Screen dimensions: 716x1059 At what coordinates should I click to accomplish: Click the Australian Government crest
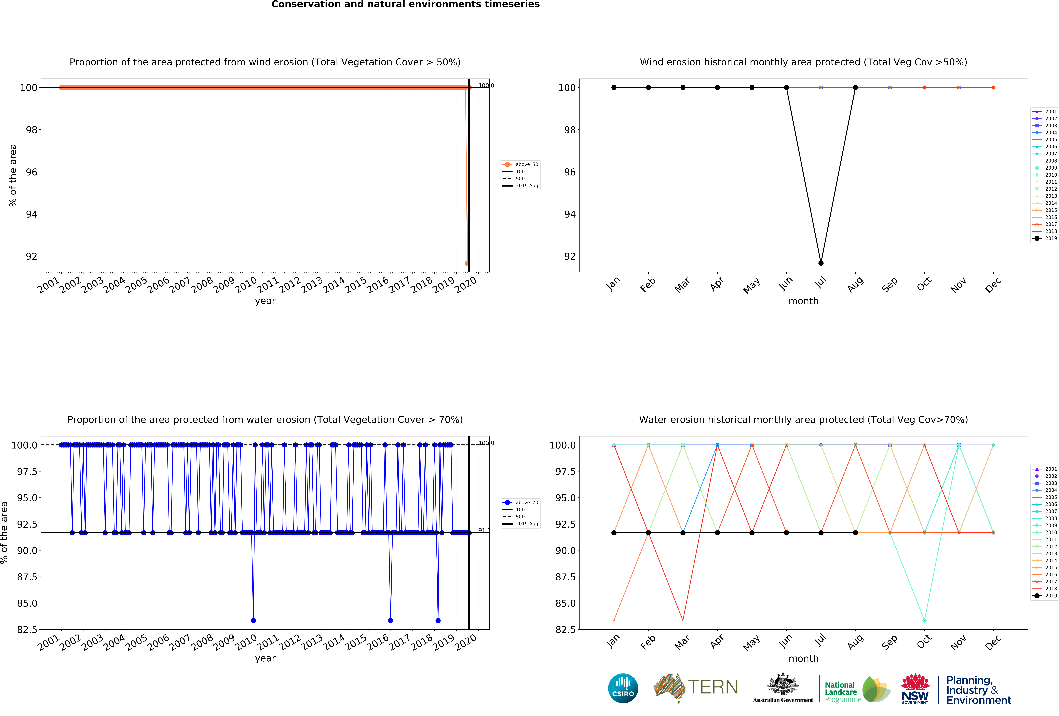(782, 684)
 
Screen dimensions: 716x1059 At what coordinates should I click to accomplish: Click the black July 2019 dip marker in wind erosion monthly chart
(821, 263)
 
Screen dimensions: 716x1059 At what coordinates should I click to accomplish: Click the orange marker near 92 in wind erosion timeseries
(467, 263)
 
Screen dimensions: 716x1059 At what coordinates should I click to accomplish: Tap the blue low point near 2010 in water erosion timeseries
(253, 620)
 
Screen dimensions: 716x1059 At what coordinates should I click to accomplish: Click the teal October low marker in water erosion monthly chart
(924, 620)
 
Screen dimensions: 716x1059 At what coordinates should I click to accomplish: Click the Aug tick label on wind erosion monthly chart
(855, 284)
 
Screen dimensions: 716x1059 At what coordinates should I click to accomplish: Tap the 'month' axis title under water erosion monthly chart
(803, 659)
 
